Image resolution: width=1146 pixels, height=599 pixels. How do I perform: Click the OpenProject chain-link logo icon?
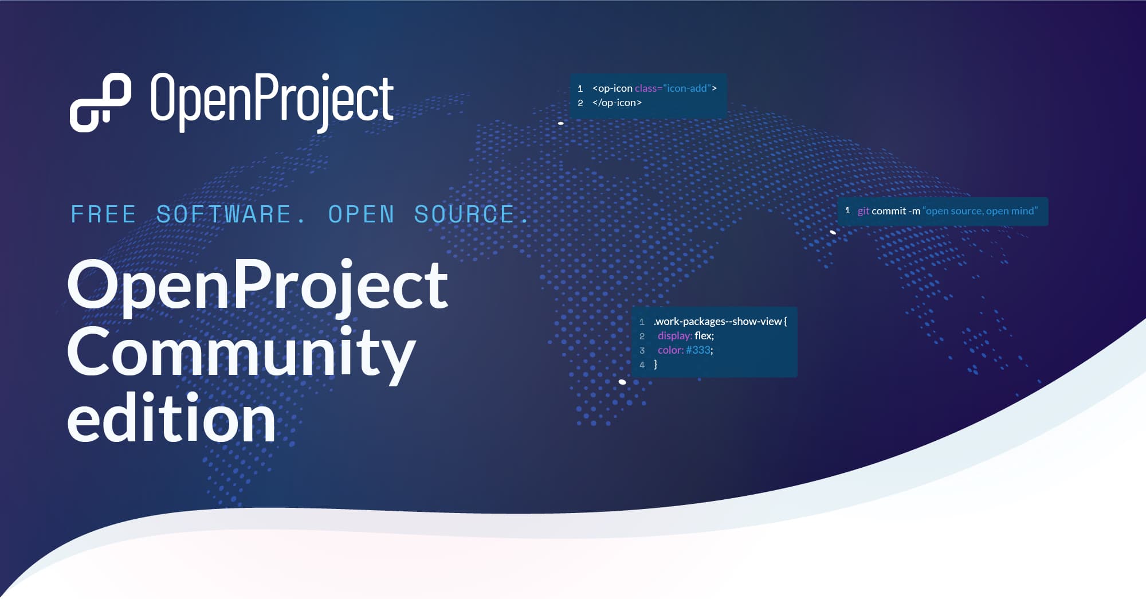tap(100, 102)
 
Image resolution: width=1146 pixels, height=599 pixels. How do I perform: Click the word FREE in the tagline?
tap(103, 214)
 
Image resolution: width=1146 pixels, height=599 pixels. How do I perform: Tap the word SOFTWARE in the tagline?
tap(223, 214)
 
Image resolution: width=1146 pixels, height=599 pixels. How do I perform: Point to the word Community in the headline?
tap(241, 351)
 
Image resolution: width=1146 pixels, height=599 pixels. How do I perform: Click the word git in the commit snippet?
tap(863, 211)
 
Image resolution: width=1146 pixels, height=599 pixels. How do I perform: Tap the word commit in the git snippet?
tap(889, 211)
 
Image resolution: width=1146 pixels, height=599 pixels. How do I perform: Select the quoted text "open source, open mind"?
tap(980, 211)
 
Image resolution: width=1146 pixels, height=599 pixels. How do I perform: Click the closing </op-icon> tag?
tap(617, 103)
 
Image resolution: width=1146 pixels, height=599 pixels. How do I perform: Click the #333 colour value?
tap(698, 350)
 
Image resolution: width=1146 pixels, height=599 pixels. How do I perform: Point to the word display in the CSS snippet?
tap(674, 336)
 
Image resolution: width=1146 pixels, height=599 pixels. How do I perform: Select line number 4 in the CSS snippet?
tap(642, 365)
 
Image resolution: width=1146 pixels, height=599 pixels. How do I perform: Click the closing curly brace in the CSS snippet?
tap(656, 365)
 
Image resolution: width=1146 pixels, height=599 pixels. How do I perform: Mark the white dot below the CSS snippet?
tap(622, 382)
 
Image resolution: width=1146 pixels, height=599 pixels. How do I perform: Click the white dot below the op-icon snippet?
tap(561, 123)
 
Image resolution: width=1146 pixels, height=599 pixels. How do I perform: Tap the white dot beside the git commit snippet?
tap(833, 232)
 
